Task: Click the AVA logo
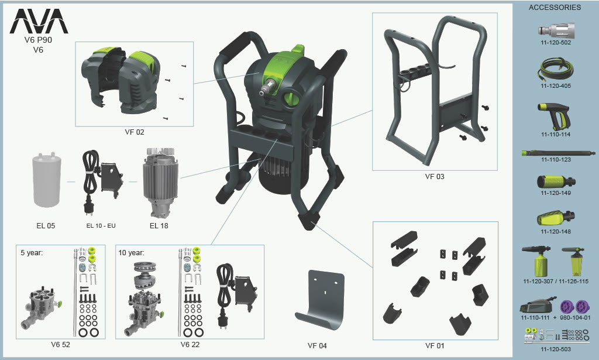click(x=39, y=21)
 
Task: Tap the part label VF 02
click(x=135, y=132)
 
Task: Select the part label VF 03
click(x=435, y=177)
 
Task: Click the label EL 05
click(x=46, y=226)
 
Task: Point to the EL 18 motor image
click(x=160, y=183)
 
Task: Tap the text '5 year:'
click(x=32, y=253)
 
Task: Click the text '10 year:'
click(x=132, y=253)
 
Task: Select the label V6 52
click(x=61, y=345)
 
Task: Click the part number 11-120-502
click(x=556, y=42)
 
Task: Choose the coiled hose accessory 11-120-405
click(x=556, y=70)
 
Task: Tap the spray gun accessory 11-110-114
click(x=553, y=116)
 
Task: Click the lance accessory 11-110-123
click(x=558, y=153)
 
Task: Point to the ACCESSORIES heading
click(x=555, y=7)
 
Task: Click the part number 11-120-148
click(x=556, y=232)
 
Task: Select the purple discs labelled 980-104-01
click(x=575, y=307)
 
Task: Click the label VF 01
click(x=435, y=346)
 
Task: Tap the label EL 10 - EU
click(x=101, y=226)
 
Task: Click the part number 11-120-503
click(x=556, y=349)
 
